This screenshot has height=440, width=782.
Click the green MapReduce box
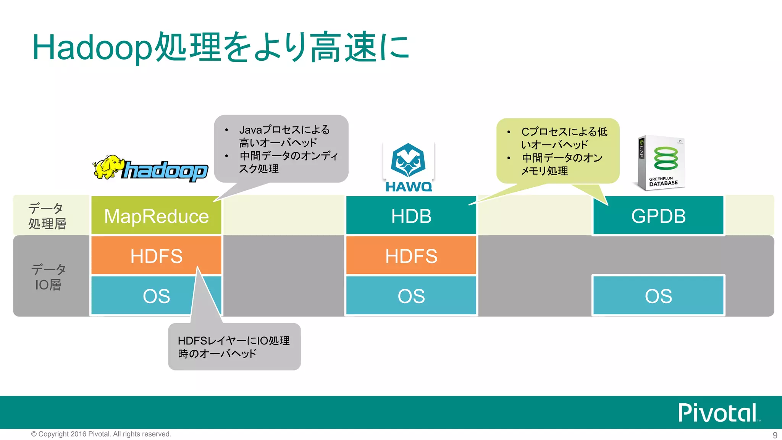tap(156, 216)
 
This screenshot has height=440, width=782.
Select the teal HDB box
tap(411, 216)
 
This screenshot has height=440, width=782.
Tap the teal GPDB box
tap(658, 216)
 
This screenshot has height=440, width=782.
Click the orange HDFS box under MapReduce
tap(156, 256)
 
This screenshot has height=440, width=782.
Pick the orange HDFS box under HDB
tap(411, 256)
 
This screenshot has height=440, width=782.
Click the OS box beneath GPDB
tap(658, 296)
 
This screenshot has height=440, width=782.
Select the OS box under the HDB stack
tap(411, 296)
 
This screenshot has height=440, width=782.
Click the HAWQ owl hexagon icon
tap(408, 160)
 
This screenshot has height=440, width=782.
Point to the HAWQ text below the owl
tap(409, 187)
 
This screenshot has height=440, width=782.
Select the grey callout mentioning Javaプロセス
tap(281, 149)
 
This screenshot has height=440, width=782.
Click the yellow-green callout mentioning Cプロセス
tap(558, 151)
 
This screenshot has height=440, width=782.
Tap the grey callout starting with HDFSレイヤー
tap(234, 347)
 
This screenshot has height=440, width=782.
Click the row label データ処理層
tap(47, 216)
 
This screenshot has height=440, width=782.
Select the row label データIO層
tap(48, 277)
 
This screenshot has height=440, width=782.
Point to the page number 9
tap(775, 435)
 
